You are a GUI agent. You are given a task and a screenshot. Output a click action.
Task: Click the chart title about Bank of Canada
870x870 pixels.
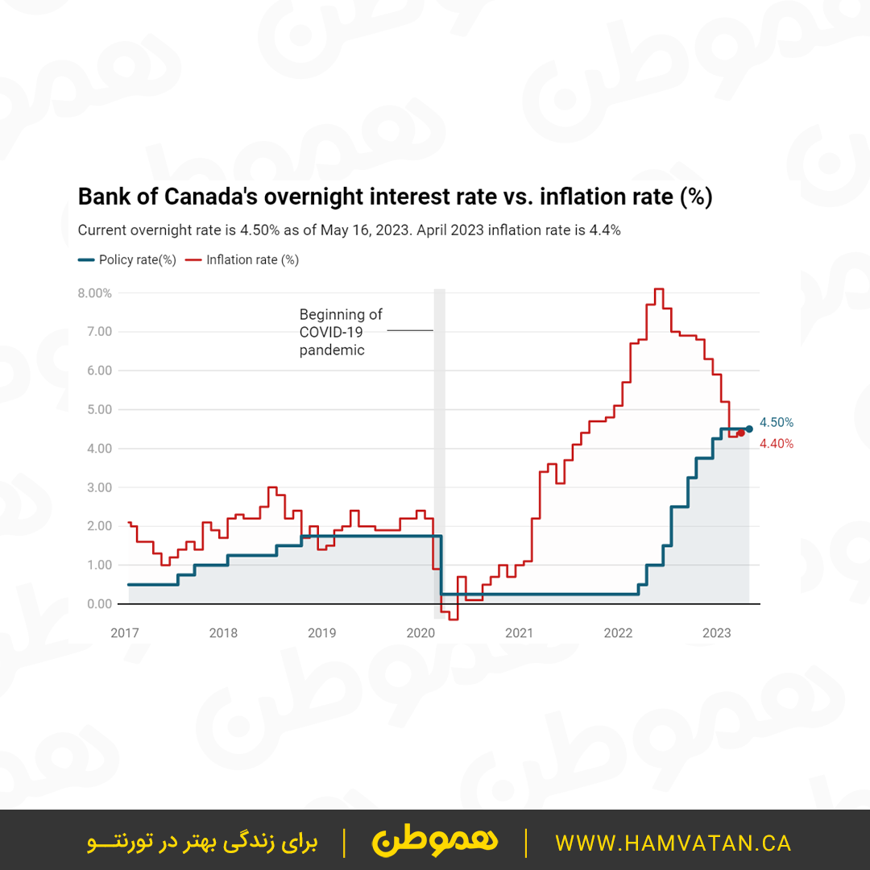tap(395, 197)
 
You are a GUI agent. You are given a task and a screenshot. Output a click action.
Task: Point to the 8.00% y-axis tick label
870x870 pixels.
tap(94, 293)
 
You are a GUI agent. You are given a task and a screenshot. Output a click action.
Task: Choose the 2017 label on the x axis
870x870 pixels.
tap(125, 633)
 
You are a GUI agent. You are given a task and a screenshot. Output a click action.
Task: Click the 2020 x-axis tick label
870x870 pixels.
tap(420, 633)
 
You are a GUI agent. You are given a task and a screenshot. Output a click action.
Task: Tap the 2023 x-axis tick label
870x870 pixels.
tap(717, 633)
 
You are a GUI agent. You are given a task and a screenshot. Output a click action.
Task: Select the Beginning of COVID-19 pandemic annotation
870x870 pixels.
tap(341, 332)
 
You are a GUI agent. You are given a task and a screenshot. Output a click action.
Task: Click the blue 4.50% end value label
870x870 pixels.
tap(777, 422)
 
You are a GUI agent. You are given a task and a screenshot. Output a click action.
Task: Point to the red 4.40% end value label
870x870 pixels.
tap(777, 444)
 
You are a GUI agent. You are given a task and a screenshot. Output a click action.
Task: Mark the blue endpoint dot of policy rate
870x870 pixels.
tap(749, 429)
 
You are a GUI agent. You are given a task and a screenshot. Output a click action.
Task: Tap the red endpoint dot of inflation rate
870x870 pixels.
tap(740, 433)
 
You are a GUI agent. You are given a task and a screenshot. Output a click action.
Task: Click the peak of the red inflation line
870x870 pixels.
tap(658, 289)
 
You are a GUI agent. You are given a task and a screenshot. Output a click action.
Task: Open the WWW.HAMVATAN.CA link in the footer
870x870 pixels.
tap(673, 843)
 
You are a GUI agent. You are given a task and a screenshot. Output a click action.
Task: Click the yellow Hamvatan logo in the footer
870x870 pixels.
tap(435, 842)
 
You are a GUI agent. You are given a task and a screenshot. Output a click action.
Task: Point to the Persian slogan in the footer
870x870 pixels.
tap(202, 843)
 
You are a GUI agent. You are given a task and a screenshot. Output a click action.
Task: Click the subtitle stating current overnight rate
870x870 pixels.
tap(349, 230)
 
